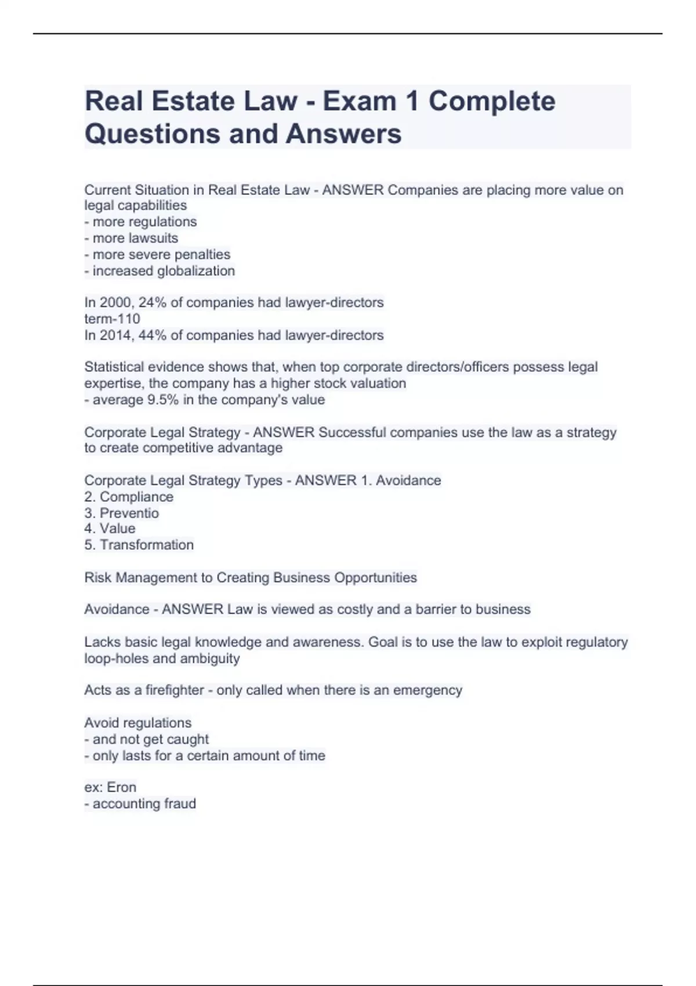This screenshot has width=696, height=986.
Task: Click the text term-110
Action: (113, 319)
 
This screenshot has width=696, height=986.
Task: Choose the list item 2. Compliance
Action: (129, 497)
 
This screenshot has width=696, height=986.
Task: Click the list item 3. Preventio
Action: (122, 513)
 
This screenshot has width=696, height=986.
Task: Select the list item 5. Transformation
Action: (139, 545)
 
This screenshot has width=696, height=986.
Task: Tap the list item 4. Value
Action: (110, 529)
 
